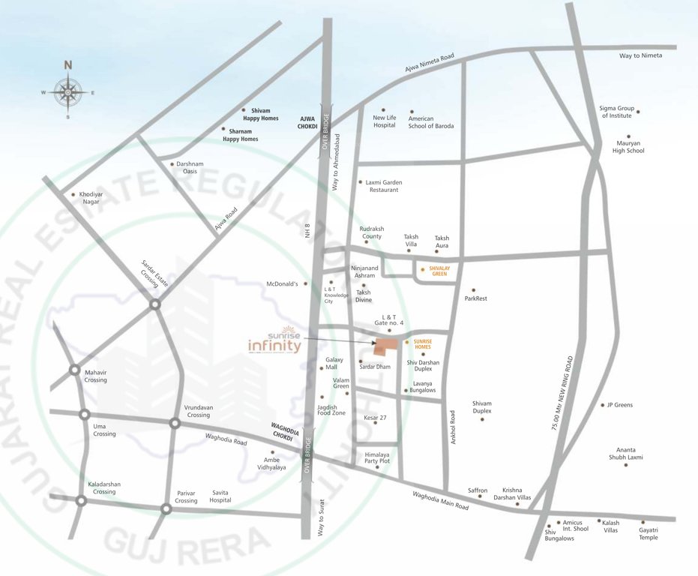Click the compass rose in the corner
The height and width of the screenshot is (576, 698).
click(x=67, y=92)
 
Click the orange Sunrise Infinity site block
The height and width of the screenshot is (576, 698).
click(x=386, y=346)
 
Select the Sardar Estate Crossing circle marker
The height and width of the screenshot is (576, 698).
click(x=154, y=304)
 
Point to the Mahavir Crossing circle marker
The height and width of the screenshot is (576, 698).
click(x=75, y=370)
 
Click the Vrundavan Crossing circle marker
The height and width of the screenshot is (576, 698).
click(x=175, y=424)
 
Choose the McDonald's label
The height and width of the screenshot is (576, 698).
click(x=282, y=284)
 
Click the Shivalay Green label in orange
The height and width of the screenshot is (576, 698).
click(x=439, y=271)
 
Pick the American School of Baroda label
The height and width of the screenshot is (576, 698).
click(x=431, y=122)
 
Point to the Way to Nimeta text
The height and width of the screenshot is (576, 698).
click(x=640, y=55)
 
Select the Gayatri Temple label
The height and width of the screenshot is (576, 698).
click(x=649, y=533)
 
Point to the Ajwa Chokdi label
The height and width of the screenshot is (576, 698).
click(x=309, y=123)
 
